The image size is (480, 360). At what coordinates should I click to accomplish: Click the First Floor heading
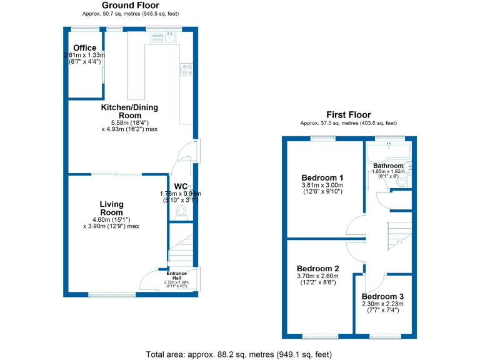point(348,115)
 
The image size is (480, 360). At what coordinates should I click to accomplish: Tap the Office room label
point(85,48)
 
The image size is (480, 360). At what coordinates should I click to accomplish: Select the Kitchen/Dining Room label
point(130,111)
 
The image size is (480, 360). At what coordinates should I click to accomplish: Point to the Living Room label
point(111,208)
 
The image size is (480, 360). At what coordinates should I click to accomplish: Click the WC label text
point(181,186)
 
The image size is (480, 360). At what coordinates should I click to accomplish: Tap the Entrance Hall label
point(176,275)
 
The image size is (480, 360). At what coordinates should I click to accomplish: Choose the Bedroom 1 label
point(322,176)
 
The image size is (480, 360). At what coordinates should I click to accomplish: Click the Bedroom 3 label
point(382,296)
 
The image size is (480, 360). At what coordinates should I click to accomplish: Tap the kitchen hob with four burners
point(186,69)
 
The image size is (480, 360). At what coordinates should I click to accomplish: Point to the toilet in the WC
point(182,212)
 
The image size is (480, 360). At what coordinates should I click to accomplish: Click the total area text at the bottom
point(239,354)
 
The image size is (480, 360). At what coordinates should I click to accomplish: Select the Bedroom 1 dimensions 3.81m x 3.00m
point(322,185)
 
